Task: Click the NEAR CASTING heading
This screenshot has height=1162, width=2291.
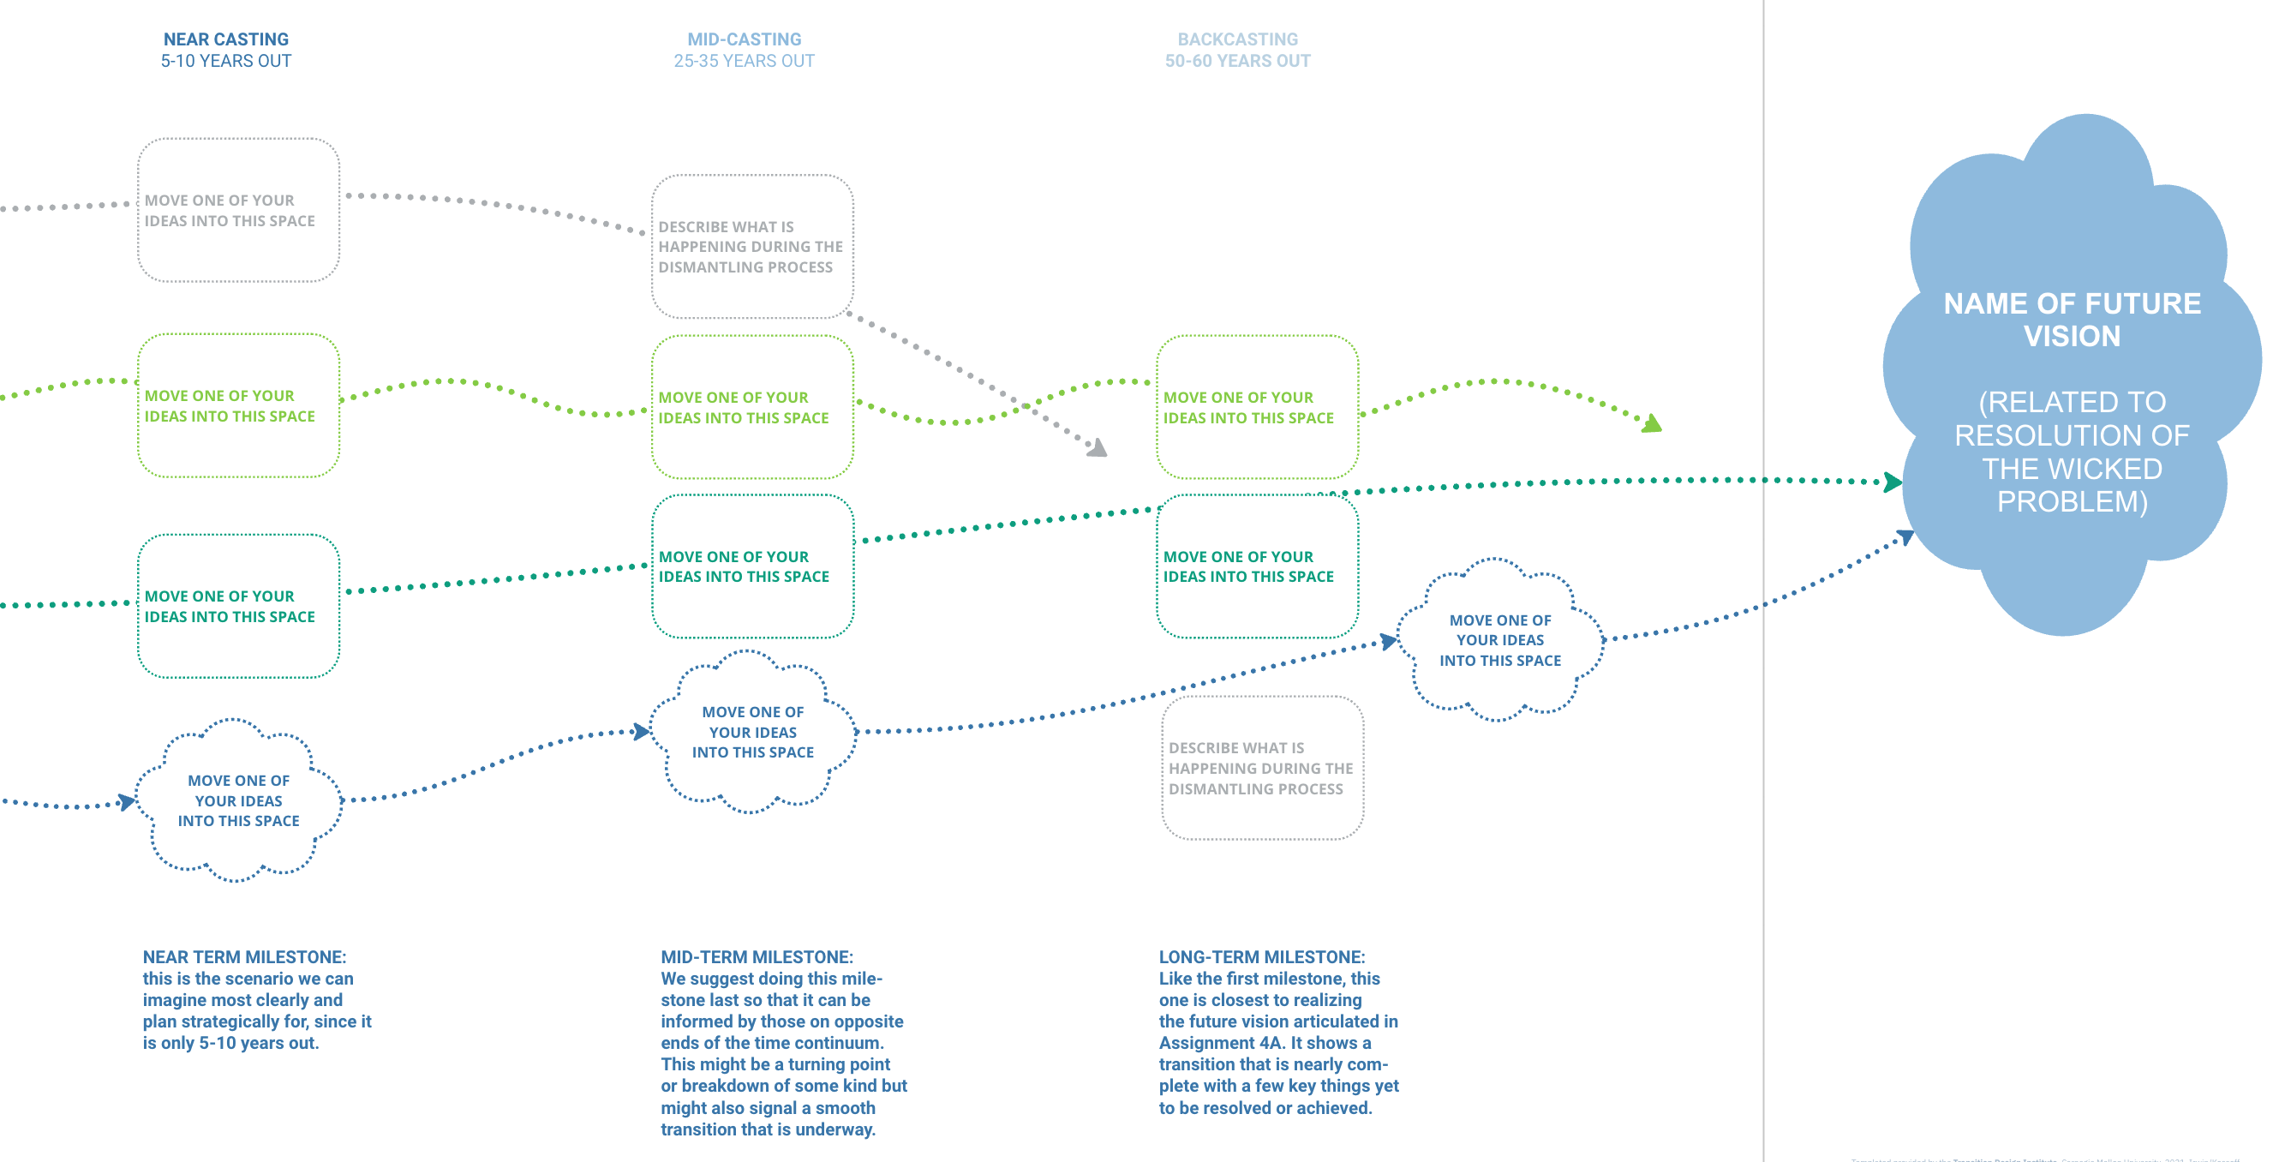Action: pyautogui.click(x=226, y=39)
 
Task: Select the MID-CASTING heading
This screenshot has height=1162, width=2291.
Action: pyautogui.click(x=744, y=39)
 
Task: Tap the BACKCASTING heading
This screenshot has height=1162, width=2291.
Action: pyautogui.click(x=1237, y=39)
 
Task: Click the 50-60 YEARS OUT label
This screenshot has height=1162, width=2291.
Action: pyautogui.click(x=1237, y=62)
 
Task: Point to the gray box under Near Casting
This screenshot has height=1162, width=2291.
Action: pyautogui.click(x=238, y=210)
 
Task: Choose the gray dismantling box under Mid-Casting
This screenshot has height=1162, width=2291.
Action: pyautogui.click(x=751, y=247)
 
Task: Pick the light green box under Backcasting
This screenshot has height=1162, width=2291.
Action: pyautogui.click(x=1257, y=406)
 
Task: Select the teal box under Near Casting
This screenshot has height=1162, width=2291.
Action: pyautogui.click(x=238, y=606)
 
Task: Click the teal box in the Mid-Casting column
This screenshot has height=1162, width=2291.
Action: pyautogui.click(x=751, y=566)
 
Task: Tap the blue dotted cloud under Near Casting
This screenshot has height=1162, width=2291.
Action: pyautogui.click(x=238, y=800)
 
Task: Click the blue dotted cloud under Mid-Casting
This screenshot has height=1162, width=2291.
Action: pyautogui.click(x=752, y=731)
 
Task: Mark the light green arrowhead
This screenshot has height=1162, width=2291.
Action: pyautogui.click(x=1652, y=423)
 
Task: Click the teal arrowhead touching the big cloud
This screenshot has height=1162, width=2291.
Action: pyautogui.click(x=1892, y=482)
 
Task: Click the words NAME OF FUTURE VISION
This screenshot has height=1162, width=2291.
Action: pyautogui.click(x=2072, y=320)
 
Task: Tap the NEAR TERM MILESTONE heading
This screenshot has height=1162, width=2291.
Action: pyautogui.click(x=244, y=957)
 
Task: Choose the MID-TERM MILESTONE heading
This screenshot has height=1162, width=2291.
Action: pyautogui.click(x=756, y=957)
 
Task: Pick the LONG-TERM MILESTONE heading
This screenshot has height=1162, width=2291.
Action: pyautogui.click(x=1261, y=957)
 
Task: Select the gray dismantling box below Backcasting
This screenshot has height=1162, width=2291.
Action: pyautogui.click(x=1261, y=768)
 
